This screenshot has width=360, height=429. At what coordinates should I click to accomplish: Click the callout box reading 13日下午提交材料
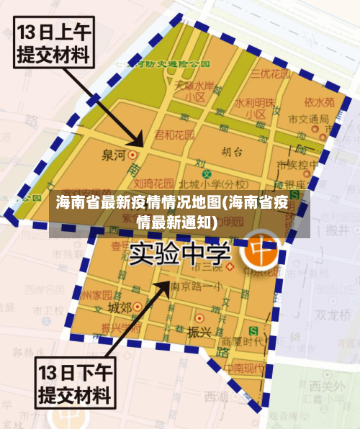tap(74, 384)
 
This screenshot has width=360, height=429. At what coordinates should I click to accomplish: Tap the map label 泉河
tap(114, 153)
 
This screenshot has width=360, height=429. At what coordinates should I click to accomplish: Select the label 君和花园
tap(175, 135)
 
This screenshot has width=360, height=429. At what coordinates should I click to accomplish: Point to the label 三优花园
tap(270, 73)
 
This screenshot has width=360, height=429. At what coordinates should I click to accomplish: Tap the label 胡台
tap(232, 152)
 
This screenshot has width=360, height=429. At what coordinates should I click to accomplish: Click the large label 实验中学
tap(181, 253)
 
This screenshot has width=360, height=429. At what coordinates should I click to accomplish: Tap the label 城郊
tap(120, 307)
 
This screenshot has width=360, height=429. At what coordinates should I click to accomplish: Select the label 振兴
tap(198, 332)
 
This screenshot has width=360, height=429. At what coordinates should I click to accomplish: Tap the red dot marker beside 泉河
tap(132, 154)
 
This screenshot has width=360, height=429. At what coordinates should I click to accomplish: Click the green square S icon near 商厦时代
tap(253, 331)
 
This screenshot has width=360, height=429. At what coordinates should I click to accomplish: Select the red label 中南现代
tap(243, 367)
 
